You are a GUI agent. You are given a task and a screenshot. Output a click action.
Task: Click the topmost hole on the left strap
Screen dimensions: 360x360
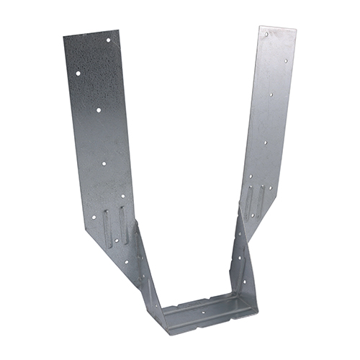[x=109, y=40]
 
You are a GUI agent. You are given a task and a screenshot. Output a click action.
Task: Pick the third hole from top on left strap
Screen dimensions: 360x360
[x=99, y=110]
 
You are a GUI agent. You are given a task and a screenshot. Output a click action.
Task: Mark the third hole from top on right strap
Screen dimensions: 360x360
[x=270, y=94]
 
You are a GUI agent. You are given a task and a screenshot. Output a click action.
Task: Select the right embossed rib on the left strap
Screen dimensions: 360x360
[x=123, y=225]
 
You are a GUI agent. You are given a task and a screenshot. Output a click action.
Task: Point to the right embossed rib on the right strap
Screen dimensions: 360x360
[x=261, y=199]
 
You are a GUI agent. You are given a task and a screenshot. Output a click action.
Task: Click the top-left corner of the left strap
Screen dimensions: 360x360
[x=63, y=39]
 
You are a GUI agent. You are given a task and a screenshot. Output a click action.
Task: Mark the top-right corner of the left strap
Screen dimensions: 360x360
[x=118, y=30]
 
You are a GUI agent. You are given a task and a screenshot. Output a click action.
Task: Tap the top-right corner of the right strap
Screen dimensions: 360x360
[x=296, y=31]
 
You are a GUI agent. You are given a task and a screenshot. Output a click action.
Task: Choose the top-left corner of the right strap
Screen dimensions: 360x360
[x=260, y=27]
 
